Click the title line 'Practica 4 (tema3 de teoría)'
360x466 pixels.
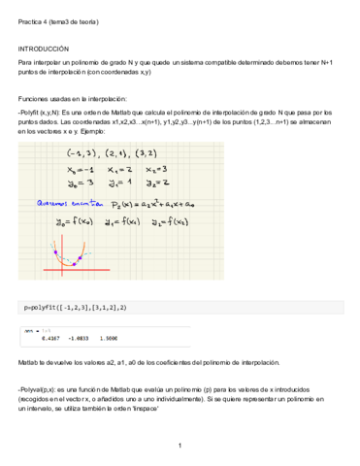(x=58, y=20)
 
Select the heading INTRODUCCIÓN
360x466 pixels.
(x=44, y=47)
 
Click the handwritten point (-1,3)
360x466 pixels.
(x=81, y=153)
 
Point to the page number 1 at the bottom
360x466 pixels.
(x=180, y=446)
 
